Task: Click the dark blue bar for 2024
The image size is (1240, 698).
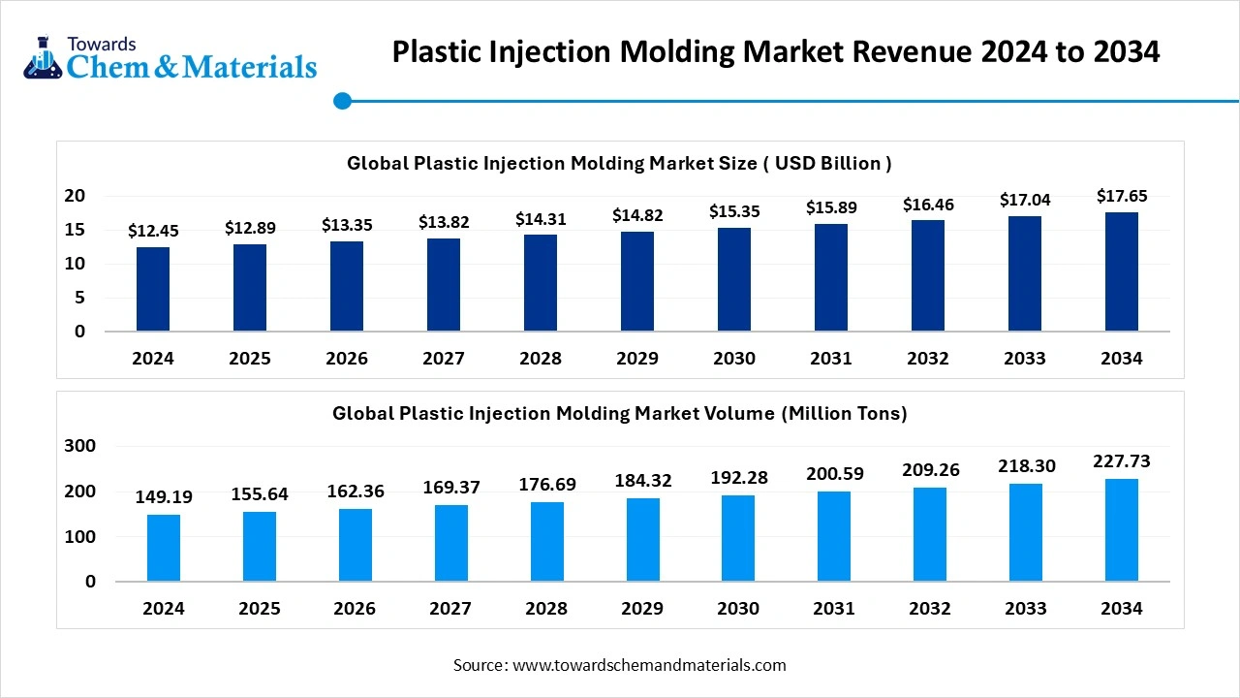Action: [x=153, y=289]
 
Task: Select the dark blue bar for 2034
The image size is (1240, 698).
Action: [x=1122, y=271]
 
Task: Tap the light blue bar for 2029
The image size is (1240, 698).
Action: [x=643, y=539]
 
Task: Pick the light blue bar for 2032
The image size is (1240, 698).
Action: [x=930, y=533]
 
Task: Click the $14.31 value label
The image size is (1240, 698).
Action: [x=540, y=219]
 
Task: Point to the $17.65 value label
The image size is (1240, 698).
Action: [x=1122, y=197]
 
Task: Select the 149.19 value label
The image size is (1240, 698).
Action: [x=164, y=497]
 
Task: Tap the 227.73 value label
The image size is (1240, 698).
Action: [x=1122, y=461]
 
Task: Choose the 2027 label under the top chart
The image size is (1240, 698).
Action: [x=444, y=359]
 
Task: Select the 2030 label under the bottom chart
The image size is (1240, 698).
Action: [x=738, y=609]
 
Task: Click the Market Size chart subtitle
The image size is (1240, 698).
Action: [x=620, y=163]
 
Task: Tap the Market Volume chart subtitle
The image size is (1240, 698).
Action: [x=620, y=414]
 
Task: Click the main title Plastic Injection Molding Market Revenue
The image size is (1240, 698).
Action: [x=775, y=51]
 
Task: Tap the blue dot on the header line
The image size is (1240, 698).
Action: [x=342, y=101]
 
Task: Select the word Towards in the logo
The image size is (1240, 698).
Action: [x=102, y=44]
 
